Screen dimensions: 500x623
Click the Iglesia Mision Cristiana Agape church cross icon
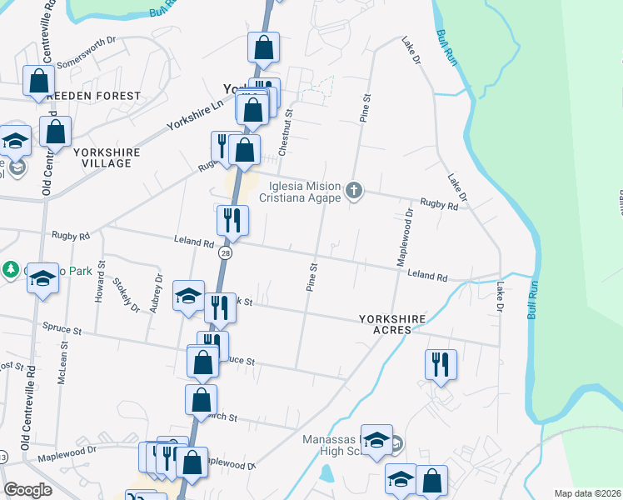pyautogui.click(x=354, y=192)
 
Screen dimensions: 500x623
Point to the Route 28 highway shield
pyautogui.click(x=225, y=252)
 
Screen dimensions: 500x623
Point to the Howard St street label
pyautogui.click(x=99, y=282)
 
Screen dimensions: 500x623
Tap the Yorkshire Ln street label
pyautogui.click(x=197, y=115)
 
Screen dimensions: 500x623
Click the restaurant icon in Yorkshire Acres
pyautogui.click(x=441, y=364)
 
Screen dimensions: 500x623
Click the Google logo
pyautogui.click(x=28, y=490)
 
